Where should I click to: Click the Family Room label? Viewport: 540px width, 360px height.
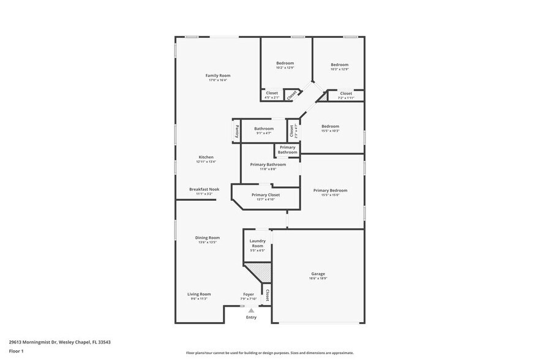click(x=217, y=75)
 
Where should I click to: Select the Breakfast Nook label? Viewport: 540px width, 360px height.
click(x=204, y=189)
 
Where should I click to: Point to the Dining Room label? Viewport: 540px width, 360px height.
click(x=207, y=238)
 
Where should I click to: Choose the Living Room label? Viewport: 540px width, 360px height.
click(x=199, y=294)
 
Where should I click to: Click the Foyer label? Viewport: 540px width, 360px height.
click(x=248, y=294)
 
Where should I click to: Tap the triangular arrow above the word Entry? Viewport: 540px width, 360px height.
click(x=251, y=311)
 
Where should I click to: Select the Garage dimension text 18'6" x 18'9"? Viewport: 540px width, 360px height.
click(x=318, y=279)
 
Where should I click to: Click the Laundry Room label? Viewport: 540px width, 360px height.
click(x=257, y=243)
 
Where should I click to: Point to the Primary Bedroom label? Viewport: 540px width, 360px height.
click(x=330, y=190)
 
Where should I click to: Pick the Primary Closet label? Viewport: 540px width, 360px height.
click(x=265, y=195)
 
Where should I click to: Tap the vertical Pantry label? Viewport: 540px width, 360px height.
click(x=236, y=132)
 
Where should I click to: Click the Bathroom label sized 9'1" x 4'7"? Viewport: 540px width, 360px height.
click(x=264, y=129)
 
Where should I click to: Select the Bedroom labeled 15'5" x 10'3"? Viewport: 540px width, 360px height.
click(x=330, y=126)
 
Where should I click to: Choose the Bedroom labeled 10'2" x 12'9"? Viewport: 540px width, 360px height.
click(x=285, y=63)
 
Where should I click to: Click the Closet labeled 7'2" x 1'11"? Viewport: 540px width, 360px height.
click(x=346, y=94)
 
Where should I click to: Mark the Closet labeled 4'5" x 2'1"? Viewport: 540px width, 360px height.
click(x=271, y=93)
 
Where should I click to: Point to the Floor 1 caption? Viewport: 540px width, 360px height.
click(x=16, y=351)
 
